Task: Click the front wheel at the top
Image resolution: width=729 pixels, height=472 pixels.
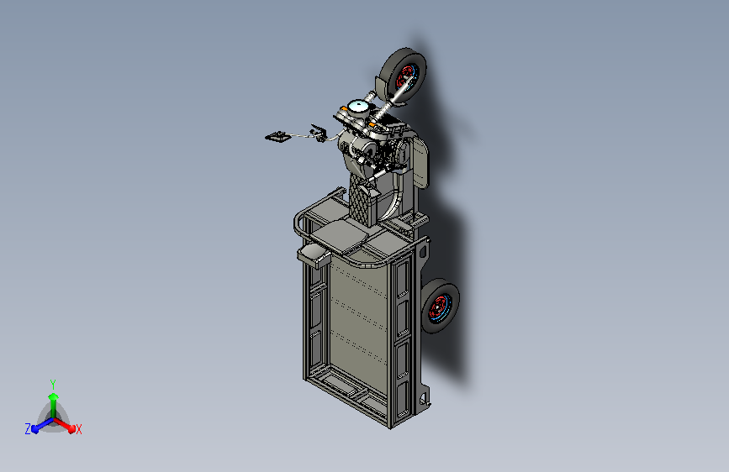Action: click(404, 75)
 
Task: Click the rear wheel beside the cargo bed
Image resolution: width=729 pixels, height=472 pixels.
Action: click(440, 306)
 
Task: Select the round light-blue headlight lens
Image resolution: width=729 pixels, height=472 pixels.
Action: click(359, 107)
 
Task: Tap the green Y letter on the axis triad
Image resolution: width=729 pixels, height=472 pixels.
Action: click(53, 385)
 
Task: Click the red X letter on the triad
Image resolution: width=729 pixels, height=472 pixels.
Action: click(78, 430)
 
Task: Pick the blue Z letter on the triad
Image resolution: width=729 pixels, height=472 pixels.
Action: click(28, 429)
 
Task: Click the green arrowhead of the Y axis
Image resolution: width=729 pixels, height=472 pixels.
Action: click(53, 397)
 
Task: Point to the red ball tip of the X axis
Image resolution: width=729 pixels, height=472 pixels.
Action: click(71, 429)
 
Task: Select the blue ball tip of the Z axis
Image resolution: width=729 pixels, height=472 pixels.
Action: click(35, 429)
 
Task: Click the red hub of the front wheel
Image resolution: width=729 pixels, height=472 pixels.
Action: click(405, 76)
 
